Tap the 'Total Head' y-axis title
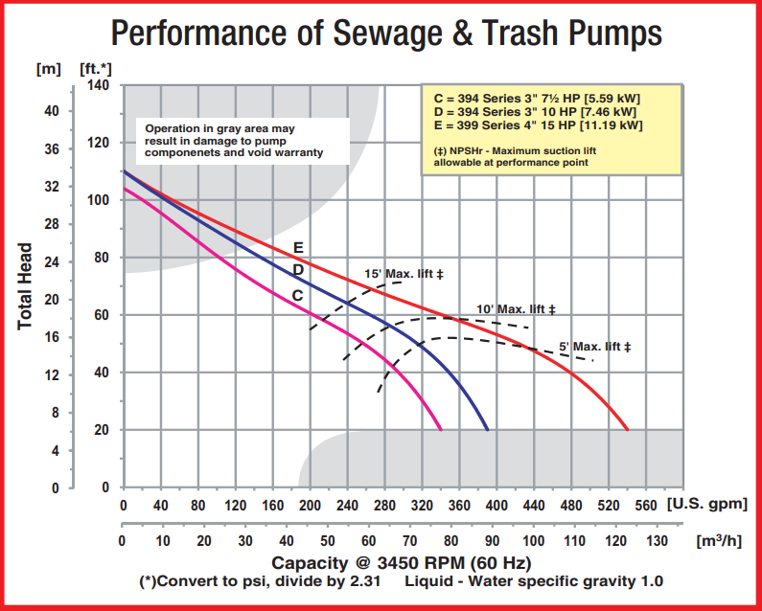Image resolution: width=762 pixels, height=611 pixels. tap(26, 285)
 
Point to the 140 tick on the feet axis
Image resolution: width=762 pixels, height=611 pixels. tap(100, 85)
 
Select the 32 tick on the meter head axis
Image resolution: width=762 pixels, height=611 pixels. tap(51, 187)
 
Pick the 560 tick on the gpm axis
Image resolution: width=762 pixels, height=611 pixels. tap(645, 506)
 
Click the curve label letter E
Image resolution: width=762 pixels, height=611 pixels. tap(298, 247)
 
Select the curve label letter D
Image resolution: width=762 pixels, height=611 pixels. tap(298, 270)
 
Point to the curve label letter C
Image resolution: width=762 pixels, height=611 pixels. tap(297, 295)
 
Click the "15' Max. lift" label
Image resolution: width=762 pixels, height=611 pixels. tap(404, 274)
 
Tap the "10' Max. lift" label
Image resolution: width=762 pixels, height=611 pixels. tap(516, 309)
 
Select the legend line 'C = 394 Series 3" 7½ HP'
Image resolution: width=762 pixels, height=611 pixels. tap(537, 97)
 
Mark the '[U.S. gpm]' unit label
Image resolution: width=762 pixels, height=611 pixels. tap(705, 506)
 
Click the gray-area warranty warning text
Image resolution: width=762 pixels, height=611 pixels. tap(235, 139)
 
